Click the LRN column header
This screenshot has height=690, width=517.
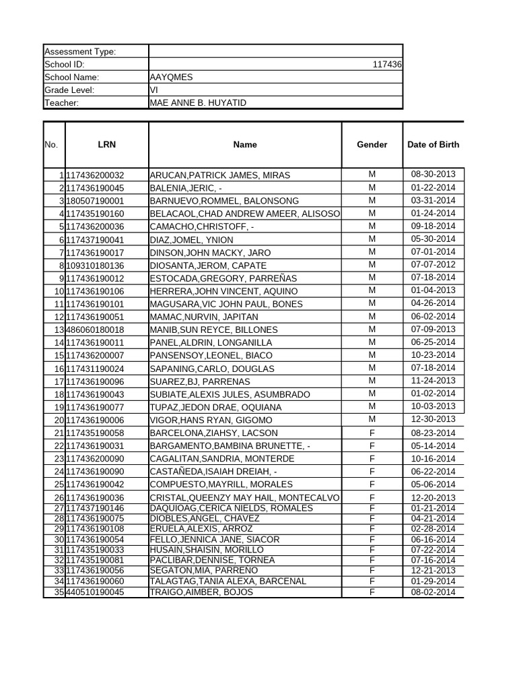click(106, 144)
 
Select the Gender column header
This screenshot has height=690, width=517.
click(372, 144)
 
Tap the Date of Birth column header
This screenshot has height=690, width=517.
click(433, 144)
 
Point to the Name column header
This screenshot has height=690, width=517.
click(245, 144)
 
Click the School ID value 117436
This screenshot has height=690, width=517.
click(387, 65)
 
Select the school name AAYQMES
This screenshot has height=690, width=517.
click(171, 77)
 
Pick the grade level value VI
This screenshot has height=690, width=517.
click(153, 90)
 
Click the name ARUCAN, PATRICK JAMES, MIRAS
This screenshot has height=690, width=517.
click(219, 175)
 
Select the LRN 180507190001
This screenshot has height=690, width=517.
click(95, 201)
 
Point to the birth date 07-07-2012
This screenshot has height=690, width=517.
click(433, 265)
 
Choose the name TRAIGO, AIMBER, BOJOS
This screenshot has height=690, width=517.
click(201, 592)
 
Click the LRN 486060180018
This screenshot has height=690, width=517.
click(95, 330)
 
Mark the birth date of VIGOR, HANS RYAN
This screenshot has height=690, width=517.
click(433, 419)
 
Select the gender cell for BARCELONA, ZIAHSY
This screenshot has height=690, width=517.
click(372, 433)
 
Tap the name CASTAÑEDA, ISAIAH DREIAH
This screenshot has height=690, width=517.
click(212, 472)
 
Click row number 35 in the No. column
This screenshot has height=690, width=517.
click(59, 592)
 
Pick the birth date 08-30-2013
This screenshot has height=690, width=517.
click(433, 175)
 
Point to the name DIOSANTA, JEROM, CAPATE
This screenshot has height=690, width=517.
click(208, 265)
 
